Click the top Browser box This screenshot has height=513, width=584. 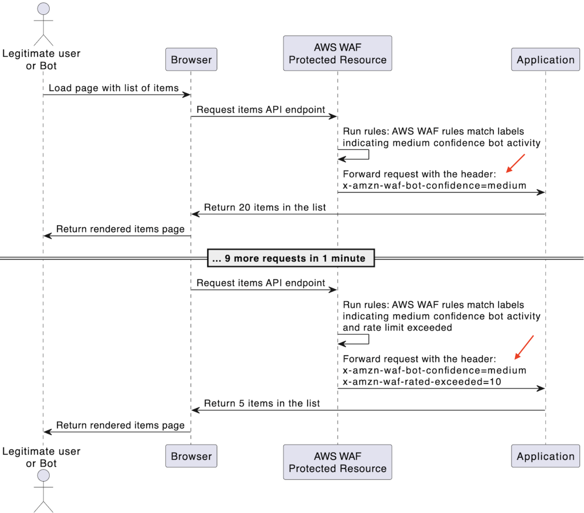click(x=191, y=59)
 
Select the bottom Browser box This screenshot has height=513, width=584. click(x=191, y=456)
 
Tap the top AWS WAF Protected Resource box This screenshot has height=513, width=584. click(x=338, y=53)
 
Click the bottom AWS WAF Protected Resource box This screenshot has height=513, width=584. click(x=338, y=462)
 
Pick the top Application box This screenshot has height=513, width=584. click(x=545, y=59)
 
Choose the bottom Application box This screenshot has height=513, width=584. click(x=545, y=456)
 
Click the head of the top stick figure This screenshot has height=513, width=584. click(x=43, y=9)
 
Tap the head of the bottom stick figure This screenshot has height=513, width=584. click(x=43, y=476)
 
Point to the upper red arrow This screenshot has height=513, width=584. click(x=515, y=163)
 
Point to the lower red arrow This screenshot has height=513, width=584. click(x=524, y=347)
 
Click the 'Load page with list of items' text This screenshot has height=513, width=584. click(x=113, y=88)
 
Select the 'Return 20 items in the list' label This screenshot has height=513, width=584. click(x=265, y=207)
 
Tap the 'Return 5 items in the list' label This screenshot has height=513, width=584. click(x=262, y=403)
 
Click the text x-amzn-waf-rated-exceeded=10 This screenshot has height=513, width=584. click(x=422, y=382)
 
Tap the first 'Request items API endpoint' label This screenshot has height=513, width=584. click(x=261, y=109)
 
